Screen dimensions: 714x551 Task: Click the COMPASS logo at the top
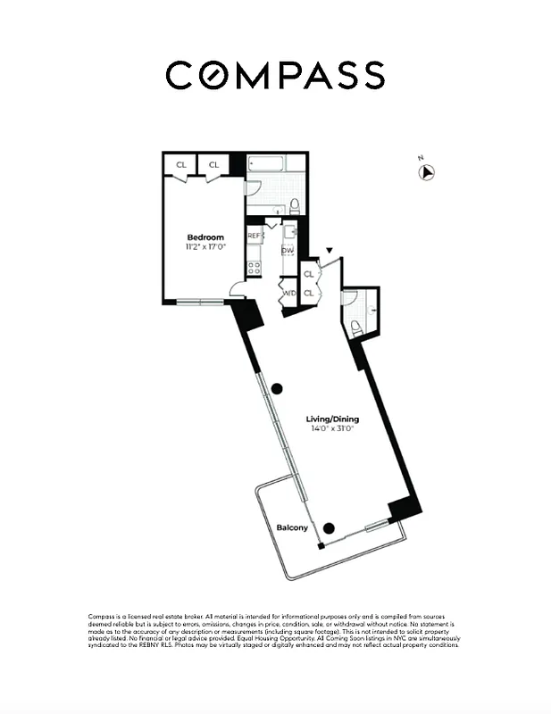click(275, 75)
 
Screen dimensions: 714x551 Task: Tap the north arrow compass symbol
click(427, 171)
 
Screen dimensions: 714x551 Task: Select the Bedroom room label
click(205, 237)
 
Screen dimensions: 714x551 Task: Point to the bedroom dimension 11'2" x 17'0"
click(205, 247)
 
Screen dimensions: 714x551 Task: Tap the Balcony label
click(291, 527)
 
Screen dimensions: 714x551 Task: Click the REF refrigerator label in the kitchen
click(254, 236)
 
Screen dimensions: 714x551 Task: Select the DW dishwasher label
click(288, 251)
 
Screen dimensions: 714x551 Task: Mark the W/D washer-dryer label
click(288, 293)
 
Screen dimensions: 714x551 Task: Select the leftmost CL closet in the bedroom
click(181, 165)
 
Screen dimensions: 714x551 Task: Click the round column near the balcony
click(329, 528)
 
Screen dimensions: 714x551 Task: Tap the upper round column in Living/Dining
click(277, 388)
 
